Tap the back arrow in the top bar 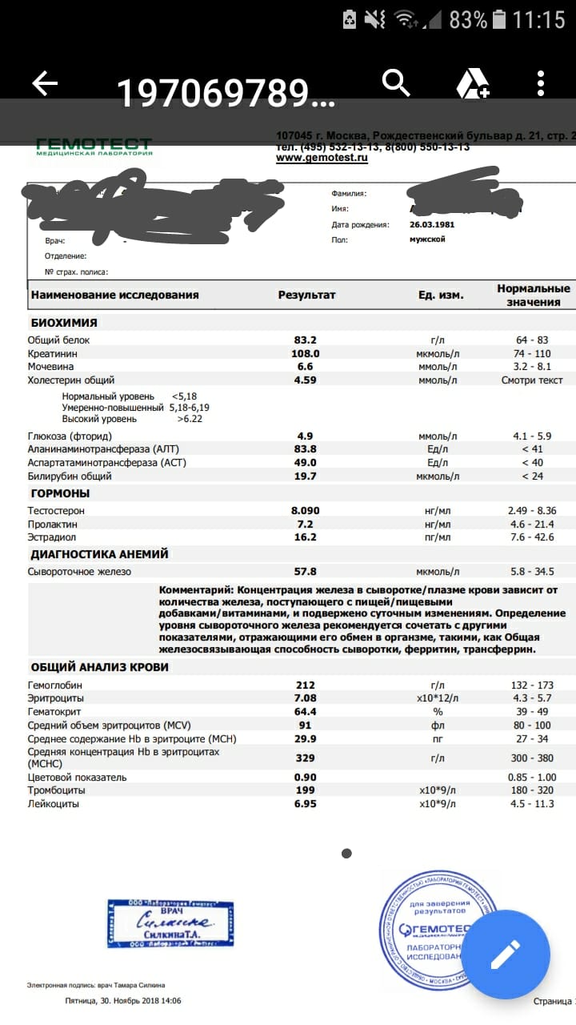(45, 83)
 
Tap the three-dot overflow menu (541, 83)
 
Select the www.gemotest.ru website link (322, 159)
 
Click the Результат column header (307, 295)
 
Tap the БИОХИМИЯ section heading (64, 323)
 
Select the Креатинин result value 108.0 (306, 353)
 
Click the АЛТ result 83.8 (306, 449)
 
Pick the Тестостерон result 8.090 (306, 510)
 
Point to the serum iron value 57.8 (306, 572)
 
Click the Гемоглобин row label (54, 685)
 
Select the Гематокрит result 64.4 (306, 712)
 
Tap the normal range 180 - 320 (534, 790)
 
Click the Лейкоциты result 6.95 (306, 803)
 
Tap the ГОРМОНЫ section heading (60, 493)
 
